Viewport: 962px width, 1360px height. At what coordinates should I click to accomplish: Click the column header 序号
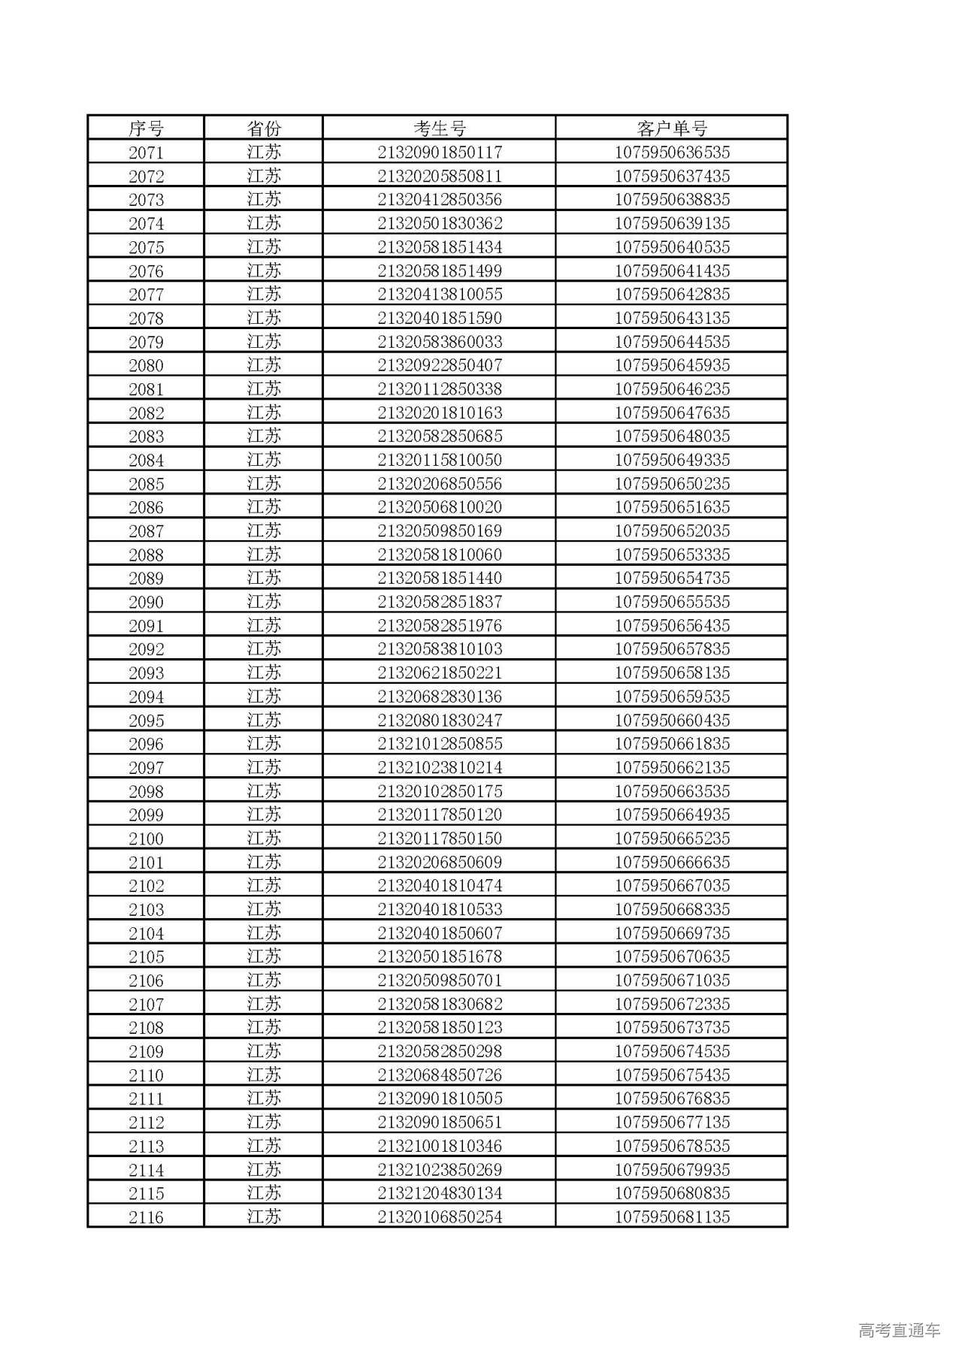click(146, 128)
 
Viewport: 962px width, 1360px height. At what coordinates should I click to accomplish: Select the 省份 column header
click(264, 128)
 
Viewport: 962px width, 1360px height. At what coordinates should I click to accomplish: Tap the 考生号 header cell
click(440, 128)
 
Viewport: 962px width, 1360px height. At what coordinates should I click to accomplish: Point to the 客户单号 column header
click(672, 128)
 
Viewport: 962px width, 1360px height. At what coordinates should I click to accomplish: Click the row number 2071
click(146, 153)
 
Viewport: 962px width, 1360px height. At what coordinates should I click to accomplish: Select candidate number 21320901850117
click(440, 153)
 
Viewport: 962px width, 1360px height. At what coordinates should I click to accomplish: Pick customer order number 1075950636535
click(672, 153)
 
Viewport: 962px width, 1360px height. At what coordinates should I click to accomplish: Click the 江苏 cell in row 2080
click(264, 365)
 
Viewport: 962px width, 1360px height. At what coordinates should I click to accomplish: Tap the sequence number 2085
click(146, 484)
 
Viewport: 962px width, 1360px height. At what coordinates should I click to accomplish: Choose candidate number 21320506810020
click(440, 507)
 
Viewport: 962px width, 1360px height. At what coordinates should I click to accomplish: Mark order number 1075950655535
click(672, 602)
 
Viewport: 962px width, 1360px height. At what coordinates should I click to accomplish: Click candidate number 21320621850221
click(440, 672)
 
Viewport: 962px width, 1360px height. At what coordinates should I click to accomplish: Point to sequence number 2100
click(146, 839)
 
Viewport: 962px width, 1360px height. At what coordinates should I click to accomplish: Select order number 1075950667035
click(672, 885)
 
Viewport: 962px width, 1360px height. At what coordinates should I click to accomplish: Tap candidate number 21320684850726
click(440, 1074)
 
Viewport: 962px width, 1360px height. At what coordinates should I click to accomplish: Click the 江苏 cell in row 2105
click(264, 957)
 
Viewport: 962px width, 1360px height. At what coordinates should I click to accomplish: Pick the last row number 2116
click(146, 1217)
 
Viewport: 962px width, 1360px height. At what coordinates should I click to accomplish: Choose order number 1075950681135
click(672, 1217)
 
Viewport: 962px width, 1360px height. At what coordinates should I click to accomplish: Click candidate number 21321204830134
click(440, 1193)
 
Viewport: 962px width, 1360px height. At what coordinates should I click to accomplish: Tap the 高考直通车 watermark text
click(899, 1331)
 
